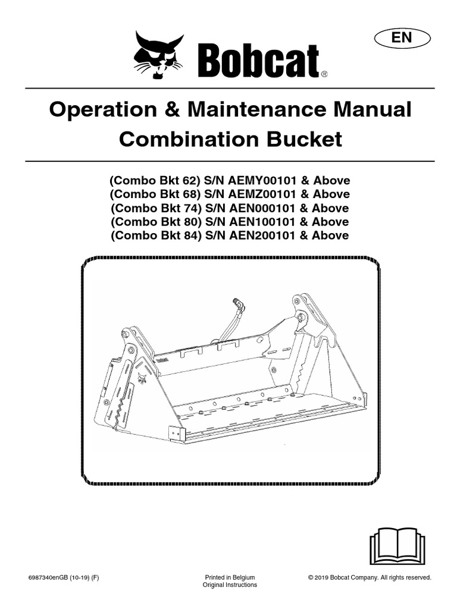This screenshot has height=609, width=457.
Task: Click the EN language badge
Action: (402, 39)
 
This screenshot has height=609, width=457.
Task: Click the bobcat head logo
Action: (159, 55)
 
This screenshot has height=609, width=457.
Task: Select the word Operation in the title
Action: (104, 110)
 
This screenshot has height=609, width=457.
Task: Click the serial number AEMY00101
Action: (262, 181)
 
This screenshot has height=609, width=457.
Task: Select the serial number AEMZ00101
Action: (262, 194)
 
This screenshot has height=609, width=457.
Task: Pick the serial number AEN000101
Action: (262, 208)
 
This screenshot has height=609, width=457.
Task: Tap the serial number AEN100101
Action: (262, 222)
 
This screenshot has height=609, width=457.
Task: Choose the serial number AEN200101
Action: (262, 236)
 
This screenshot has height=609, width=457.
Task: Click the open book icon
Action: (397, 546)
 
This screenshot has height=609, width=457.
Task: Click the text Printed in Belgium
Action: (230, 577)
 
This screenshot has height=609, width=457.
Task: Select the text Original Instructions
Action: (230, 585)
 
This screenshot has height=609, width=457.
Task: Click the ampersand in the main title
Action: (173, 109)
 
